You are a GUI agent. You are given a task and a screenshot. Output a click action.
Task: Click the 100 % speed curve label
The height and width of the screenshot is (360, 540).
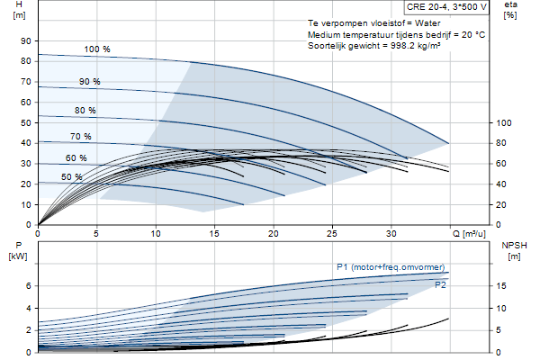(97, 49)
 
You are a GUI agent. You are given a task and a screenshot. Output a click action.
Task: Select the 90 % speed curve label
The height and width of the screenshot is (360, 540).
(89, 82)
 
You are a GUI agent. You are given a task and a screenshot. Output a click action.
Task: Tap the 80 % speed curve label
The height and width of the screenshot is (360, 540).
(85, 110)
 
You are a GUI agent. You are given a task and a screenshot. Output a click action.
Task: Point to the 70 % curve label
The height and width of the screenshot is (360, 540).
(81, 137)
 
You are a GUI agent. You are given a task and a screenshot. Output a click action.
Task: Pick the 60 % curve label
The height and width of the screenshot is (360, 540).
(76, 158)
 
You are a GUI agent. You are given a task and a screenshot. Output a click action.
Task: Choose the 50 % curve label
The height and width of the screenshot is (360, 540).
(72, 177)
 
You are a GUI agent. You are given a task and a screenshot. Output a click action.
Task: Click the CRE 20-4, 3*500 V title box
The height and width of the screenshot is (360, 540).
(446, 7)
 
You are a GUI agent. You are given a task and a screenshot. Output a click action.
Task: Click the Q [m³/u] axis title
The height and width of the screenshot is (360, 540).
(469, 234)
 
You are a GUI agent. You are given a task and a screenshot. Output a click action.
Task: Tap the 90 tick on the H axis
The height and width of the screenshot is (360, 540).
(26, 41)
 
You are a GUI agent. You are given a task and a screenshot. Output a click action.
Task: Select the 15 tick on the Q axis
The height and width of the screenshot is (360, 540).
(214, 234)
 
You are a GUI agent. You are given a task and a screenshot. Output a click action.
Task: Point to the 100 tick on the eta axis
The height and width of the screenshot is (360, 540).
(503, 123)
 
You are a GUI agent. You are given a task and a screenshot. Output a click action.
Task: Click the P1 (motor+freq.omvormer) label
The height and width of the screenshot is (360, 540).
(391, 267)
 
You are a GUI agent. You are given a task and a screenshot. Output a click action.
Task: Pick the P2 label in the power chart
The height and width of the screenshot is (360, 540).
(440, 285)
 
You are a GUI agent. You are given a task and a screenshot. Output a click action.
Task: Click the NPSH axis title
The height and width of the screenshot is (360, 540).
(514, 246)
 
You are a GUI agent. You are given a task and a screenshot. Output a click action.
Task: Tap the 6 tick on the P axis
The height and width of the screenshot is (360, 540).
(28, 286)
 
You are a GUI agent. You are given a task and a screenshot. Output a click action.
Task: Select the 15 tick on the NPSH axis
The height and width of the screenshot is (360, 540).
(501, 286)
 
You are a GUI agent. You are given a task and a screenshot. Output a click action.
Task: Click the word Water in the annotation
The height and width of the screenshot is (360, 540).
(427, 23)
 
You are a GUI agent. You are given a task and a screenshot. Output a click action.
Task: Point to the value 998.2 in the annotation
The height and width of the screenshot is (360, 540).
(402, 46)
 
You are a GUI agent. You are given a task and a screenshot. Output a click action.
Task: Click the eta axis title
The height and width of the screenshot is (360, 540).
(510, 4)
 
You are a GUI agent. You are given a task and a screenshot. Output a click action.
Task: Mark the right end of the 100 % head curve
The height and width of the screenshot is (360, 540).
(449, 143)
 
